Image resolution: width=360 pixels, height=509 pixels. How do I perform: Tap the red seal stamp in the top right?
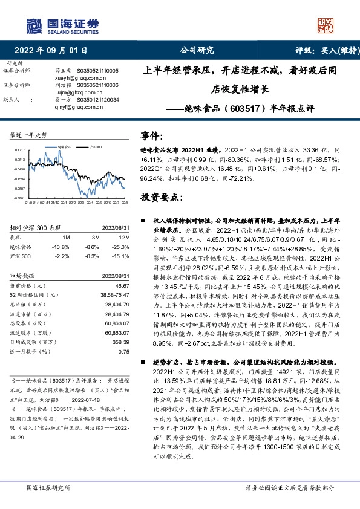(326, 26)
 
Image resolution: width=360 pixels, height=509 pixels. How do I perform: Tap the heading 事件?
(152, 136)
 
